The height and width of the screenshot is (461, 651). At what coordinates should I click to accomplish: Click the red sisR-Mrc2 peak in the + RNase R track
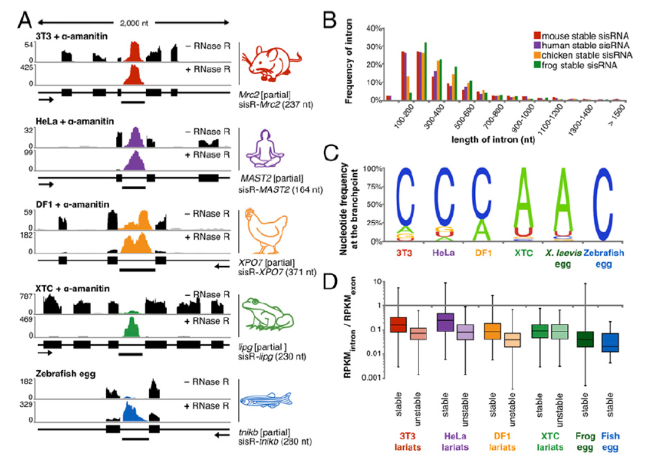pos(134,76)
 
